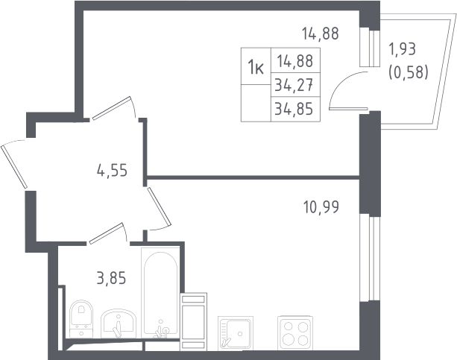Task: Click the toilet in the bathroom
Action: coord(81,318)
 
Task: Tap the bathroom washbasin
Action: coord(119,323)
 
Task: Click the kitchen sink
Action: coord(236,333)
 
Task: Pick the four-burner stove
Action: coord(295,332)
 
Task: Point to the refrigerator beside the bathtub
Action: coord(194,322)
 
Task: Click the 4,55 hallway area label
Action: coord(112,170)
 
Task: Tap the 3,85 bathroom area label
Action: coord(111,277)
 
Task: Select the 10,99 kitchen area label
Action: coord(321,207)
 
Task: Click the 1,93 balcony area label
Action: coord(402,49)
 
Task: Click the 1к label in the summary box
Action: coord(256,66)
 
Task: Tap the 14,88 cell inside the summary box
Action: coord(295,61)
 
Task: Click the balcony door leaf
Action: coord(348,108)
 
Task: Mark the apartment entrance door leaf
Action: coord(14,166)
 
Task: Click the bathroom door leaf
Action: coord(106,233)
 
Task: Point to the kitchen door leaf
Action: coord(159,206)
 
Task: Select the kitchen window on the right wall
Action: coord(370,259)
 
